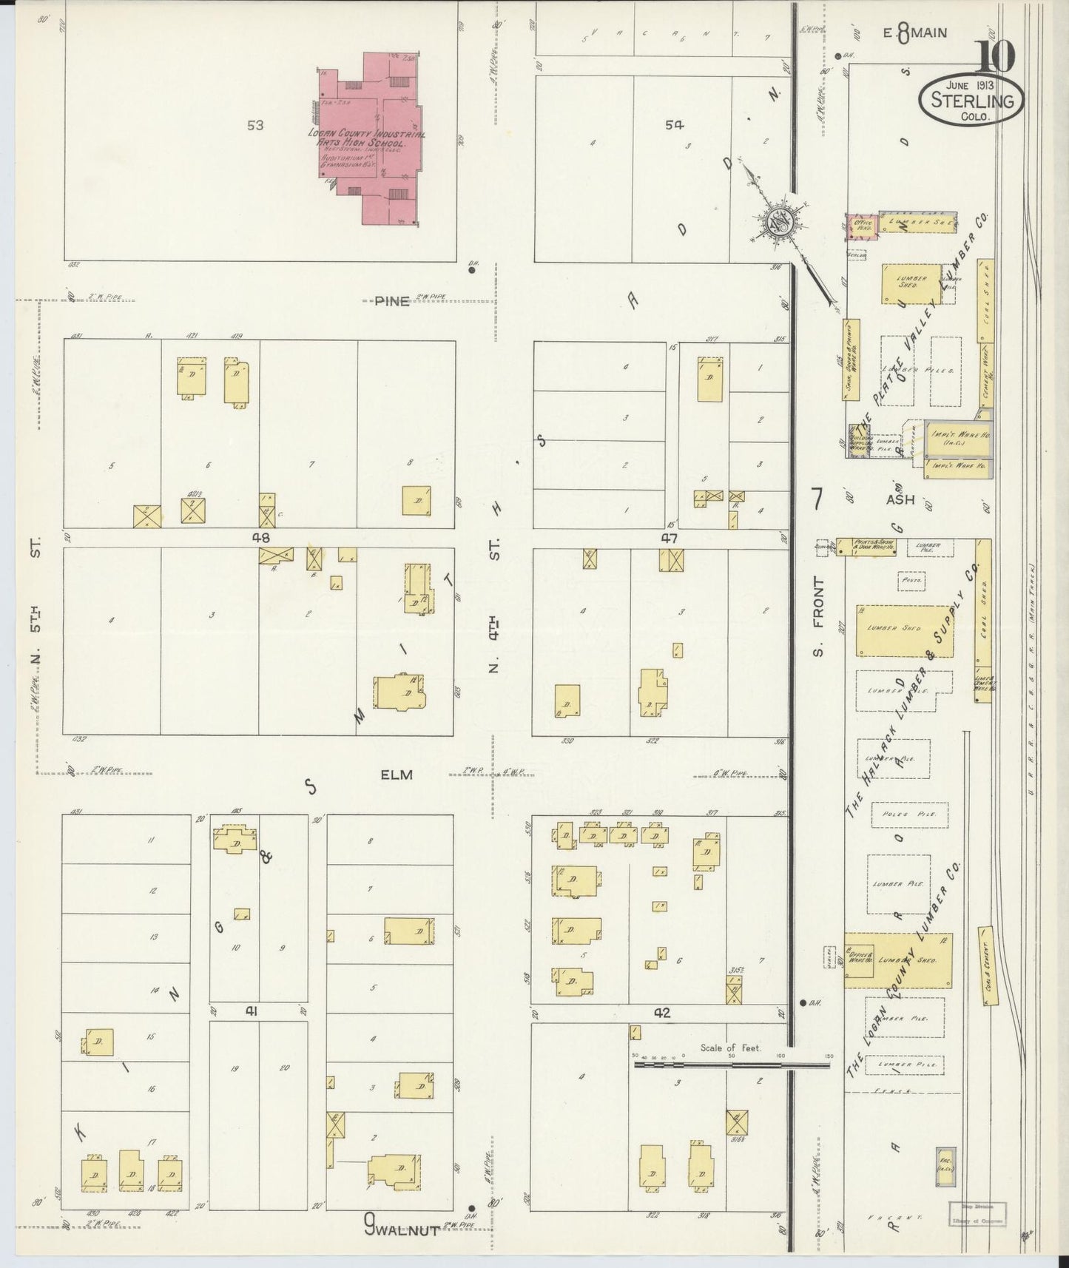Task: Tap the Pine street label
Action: tap(391, 302)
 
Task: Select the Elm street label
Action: tap(396, 775)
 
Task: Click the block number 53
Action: tap(255, 126)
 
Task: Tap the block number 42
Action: tap(661, 1013)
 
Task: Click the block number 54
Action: tap(673, 126)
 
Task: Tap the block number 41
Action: tap(252, 1012)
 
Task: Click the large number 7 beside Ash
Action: tap(817, 500)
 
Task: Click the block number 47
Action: tap(670, 539)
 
